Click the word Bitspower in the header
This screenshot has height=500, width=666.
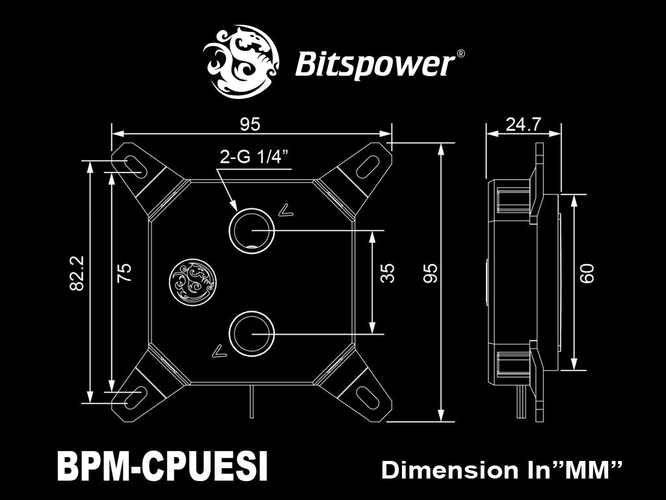coord(375,64)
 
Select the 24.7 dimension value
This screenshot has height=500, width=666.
coord(524,124)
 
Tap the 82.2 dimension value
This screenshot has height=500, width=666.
coord(77,273)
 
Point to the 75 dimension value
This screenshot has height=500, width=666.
coord(124,273)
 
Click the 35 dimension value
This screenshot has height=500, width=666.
coord(387,273)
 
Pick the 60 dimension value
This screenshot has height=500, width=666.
coord(587,273)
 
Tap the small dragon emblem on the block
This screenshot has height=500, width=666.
coord(193,282)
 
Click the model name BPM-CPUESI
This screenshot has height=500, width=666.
coord(162,466)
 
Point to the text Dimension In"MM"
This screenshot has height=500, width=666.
coord(501,470)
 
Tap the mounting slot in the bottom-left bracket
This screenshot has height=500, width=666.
coord(136,397)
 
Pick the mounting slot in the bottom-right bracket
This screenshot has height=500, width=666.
coord(368,397)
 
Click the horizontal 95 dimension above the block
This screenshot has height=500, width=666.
coord(250,124)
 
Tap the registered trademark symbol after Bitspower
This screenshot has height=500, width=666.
coord(460,54)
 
